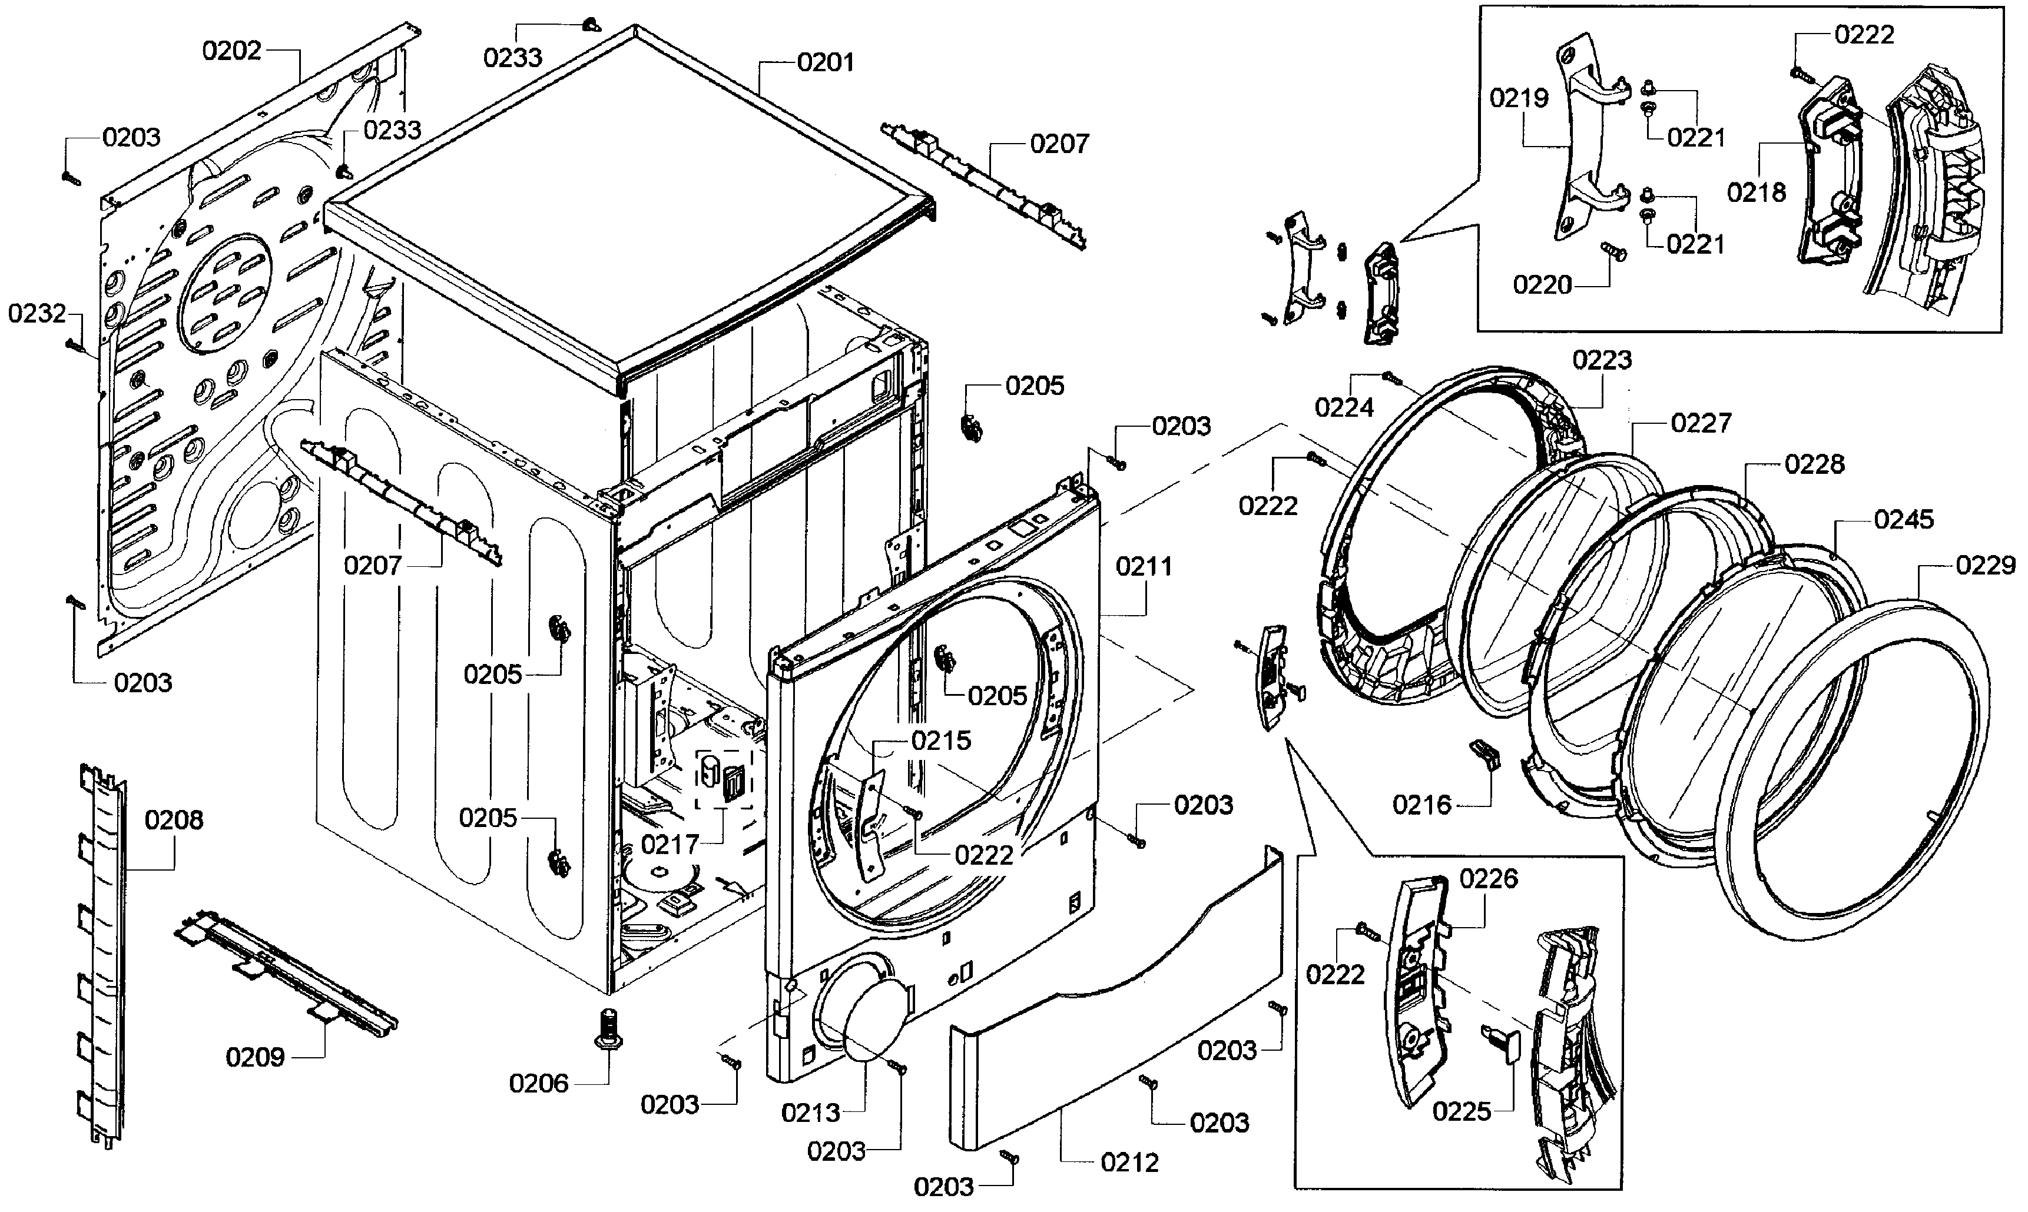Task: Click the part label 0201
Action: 825,63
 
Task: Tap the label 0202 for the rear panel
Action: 231,51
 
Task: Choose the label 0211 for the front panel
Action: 1144,566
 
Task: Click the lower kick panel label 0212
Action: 1129,1162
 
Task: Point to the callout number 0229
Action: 1984,565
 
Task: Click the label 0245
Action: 1903,519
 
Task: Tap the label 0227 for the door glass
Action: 1701,423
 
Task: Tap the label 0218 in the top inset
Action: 1756,192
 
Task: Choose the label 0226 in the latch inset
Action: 1488,879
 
